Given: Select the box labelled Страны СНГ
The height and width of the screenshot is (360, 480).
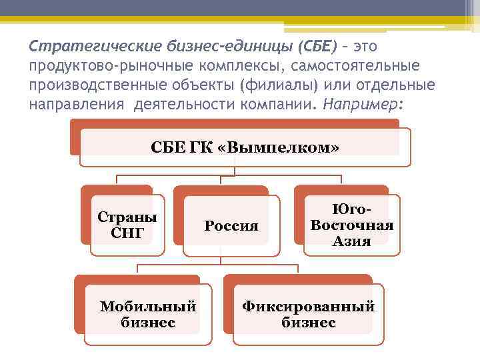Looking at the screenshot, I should pyautogui.click(x=127, y=225).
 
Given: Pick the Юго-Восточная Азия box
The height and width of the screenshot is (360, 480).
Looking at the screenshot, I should pyautogui.click(x=351, y=225).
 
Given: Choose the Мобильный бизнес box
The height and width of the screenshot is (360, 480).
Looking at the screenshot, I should pyautogui.click(x=148, y=314).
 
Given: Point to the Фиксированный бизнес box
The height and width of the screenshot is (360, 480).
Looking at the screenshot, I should pyautogui.click(x=308, y=314).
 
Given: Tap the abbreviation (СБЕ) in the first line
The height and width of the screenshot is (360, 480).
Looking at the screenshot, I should pyautogui.click(x=297, y=47).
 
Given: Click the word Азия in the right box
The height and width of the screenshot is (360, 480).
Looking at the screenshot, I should pyautogui.click(x=351, y=241).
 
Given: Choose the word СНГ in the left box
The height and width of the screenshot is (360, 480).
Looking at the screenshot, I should pyautogui.click(x=127, y=233).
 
